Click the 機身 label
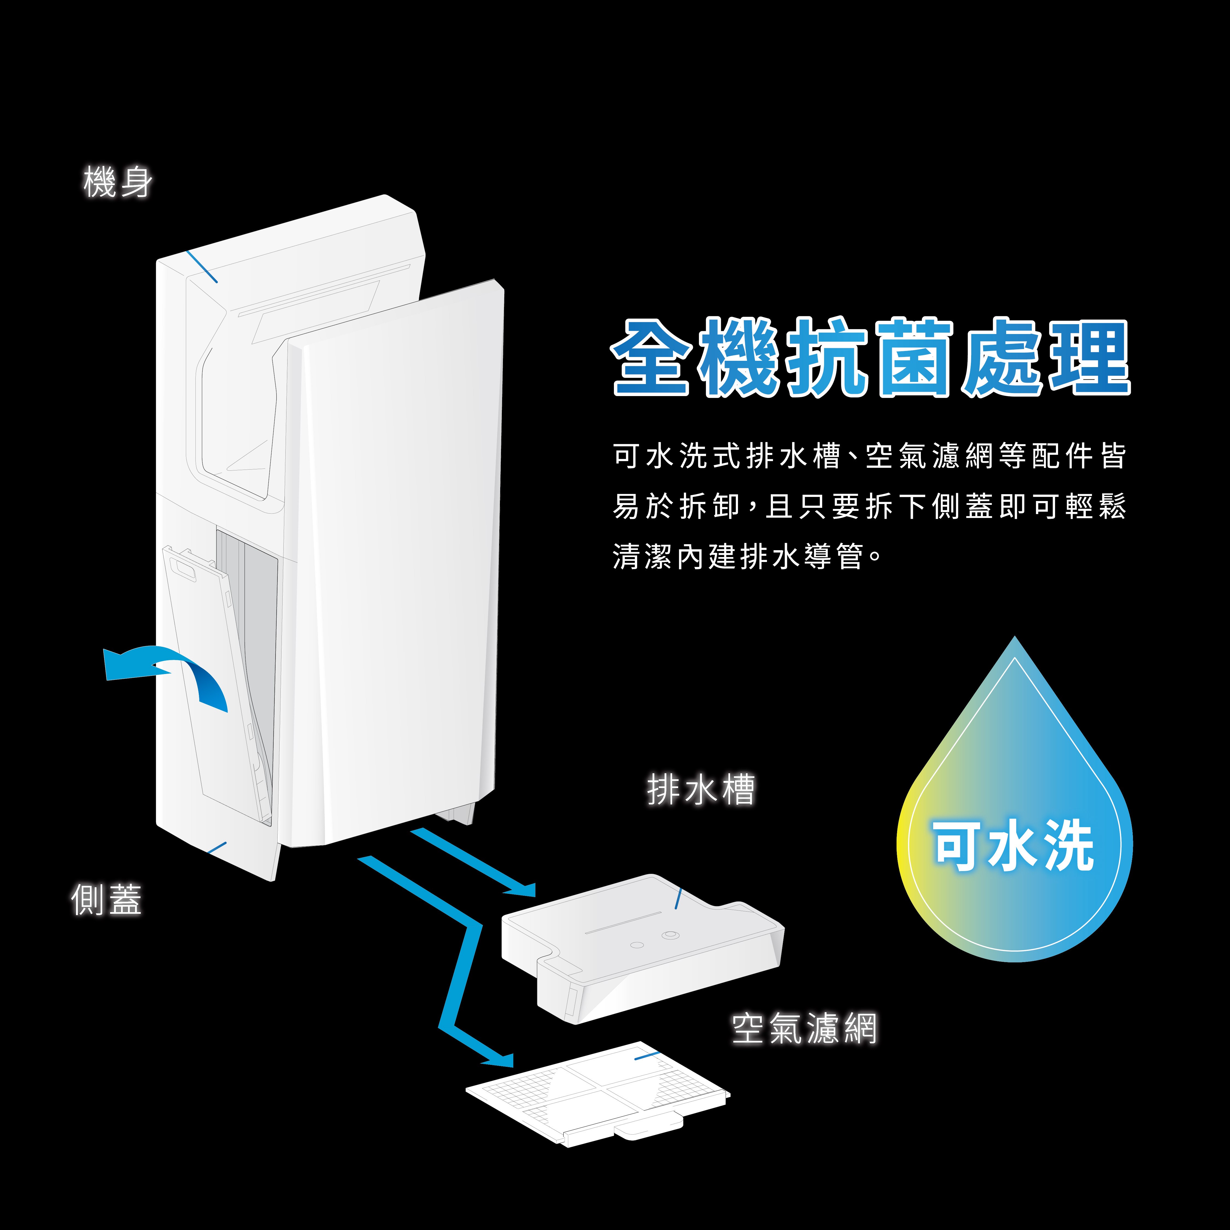point(118,182)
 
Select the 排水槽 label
point(700,789)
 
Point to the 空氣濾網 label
point(804,1028)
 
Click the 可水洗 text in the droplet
point(1014,845)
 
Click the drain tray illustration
point(643,948)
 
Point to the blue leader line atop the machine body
point(202,266)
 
